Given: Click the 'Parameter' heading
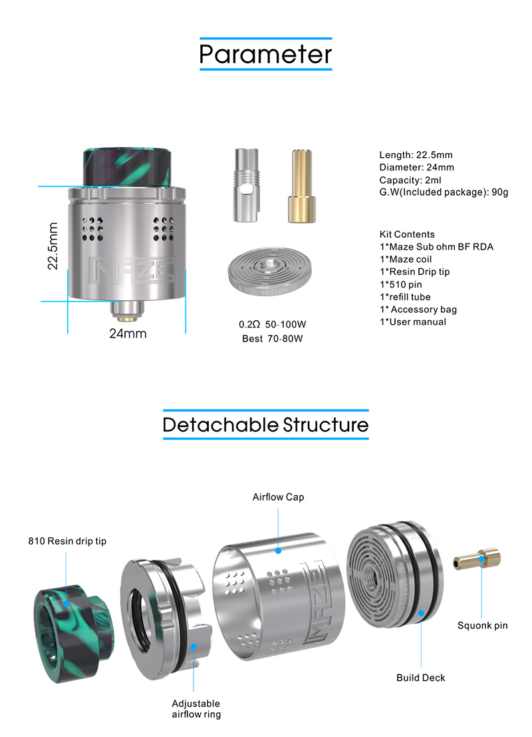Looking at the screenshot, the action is click(x=265, y=54).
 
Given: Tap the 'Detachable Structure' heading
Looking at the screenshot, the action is click(x=266, y=425).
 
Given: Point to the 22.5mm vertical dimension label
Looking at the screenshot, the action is click(x=53, y=246).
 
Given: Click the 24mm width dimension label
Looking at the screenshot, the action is click(x=128, y=334).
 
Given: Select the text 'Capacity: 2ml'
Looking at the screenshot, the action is click(x=410, y=180).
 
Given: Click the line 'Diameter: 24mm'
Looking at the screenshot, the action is click(x=416, y=167).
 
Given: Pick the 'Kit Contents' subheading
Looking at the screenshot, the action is click(x=407, y=234).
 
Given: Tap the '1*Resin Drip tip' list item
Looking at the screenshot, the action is click(x=414, y=272).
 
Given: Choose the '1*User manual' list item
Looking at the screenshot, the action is click(x=413, y=322).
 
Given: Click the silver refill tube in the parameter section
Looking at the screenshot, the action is click(x=247, y=185).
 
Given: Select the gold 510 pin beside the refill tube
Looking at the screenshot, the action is click(x=301, y=186).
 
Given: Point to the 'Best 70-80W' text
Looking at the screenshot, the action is click(x=273, y=338).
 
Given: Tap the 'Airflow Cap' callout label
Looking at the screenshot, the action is click(x=278, y=497).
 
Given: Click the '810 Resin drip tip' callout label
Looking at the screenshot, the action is click(x=67, y=541).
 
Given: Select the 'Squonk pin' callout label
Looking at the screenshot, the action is click(x=483, y=626).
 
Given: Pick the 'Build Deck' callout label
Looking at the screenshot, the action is click(x=421, y=678).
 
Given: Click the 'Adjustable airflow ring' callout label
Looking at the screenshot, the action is click(x=196, y=709).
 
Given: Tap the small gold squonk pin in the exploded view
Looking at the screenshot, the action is click(x=477, y=559).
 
